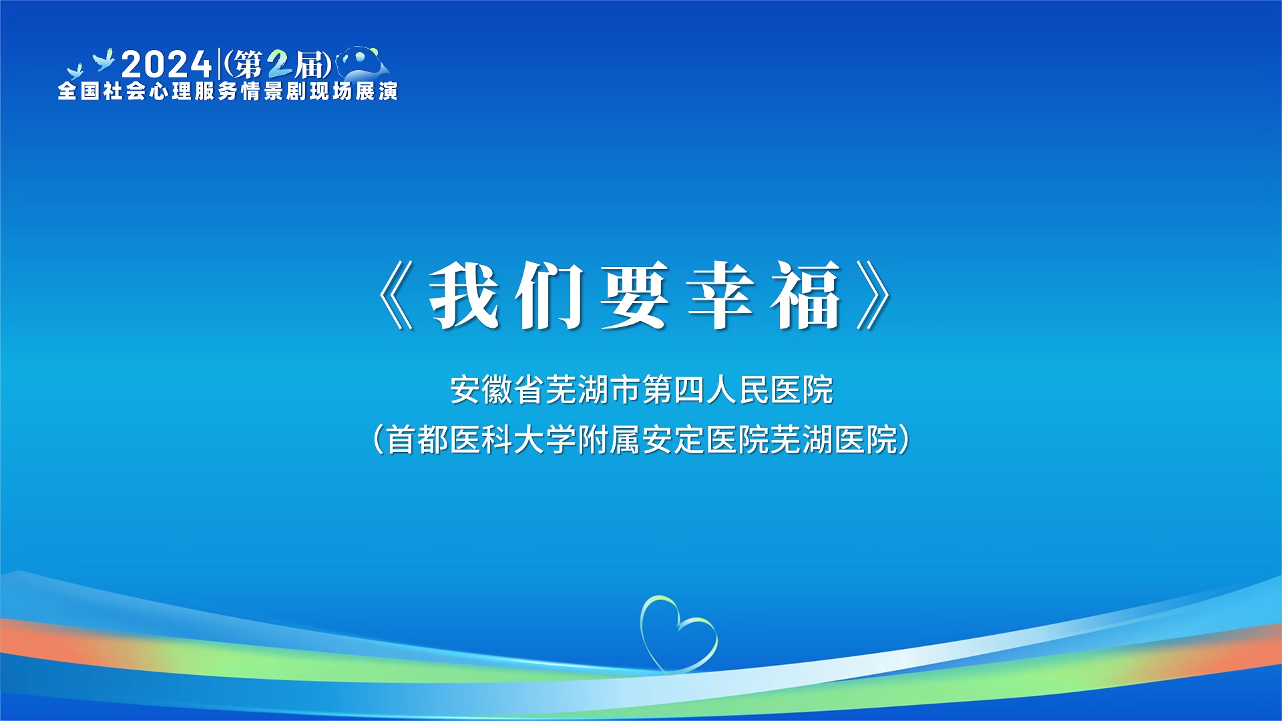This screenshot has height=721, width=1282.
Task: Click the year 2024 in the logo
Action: (x=166, y=65)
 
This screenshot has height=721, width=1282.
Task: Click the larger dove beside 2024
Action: (x=104, y=59)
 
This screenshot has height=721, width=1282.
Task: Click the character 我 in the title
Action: (x=464, y=295)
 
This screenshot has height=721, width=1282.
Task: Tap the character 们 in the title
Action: (x=550, y=295)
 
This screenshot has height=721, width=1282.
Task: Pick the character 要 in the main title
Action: (x=635, y=295)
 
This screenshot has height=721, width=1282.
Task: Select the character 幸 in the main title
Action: (x=720, y=295)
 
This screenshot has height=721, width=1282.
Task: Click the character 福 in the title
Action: (x=806, y=295)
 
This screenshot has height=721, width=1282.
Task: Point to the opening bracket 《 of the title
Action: (x=396, y=295)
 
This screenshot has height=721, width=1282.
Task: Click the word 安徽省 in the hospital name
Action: (x=497, y=390)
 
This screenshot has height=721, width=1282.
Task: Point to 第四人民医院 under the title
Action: (x=738, y=390)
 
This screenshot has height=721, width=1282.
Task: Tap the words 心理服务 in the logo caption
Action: (x=194, y=91)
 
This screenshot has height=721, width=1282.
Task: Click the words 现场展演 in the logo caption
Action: (x=353, y=91)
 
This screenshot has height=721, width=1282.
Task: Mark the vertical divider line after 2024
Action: (x=219, y=64)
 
